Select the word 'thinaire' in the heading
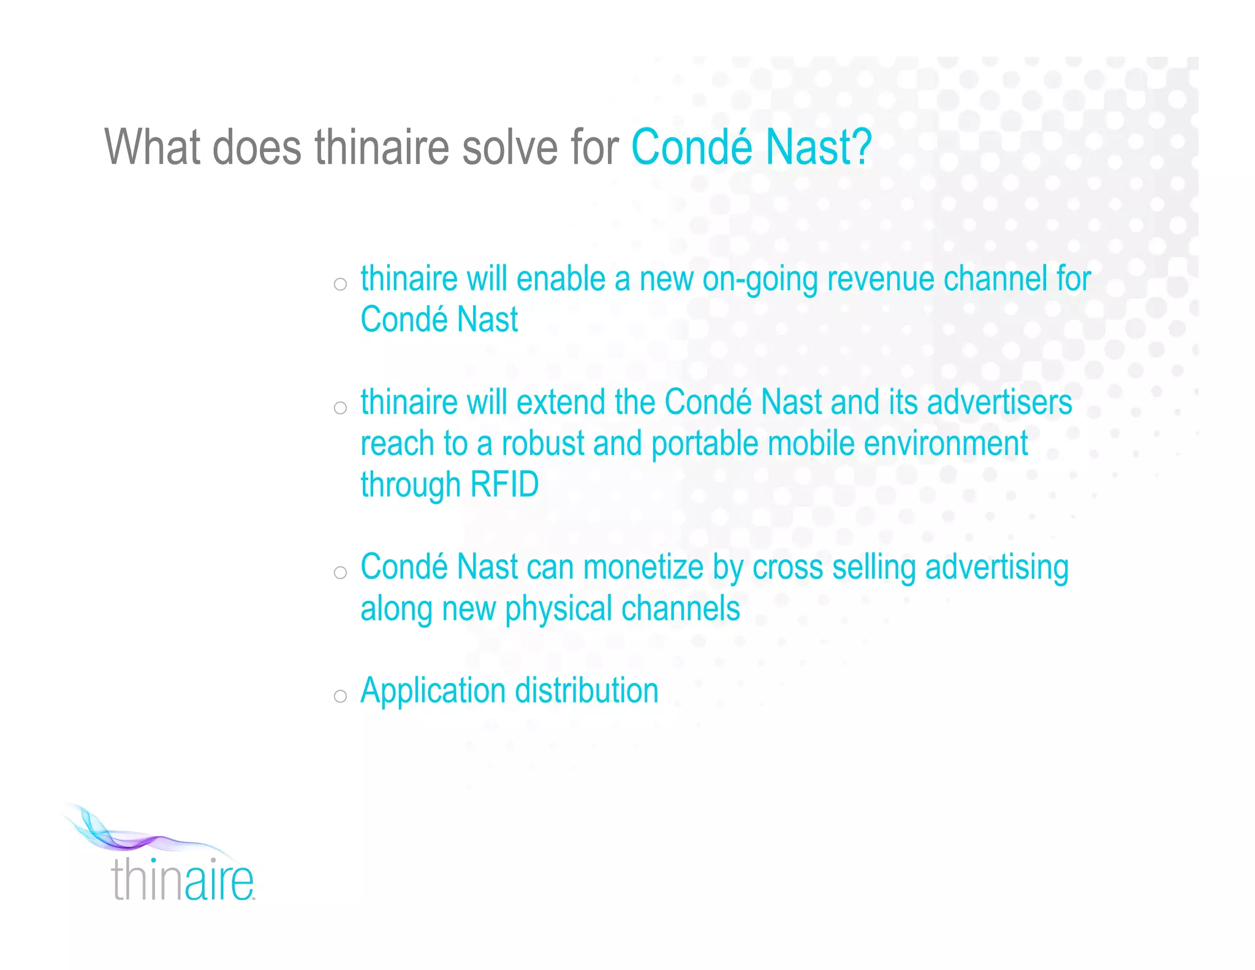(382, 147)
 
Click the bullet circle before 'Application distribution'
(340, 696)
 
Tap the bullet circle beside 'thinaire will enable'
(340, 284)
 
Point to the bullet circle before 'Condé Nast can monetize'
(340, 573)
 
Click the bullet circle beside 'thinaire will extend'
(340, 408)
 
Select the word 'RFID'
(504, 484)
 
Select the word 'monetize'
(643, 567)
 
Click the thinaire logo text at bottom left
(182, 880)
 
